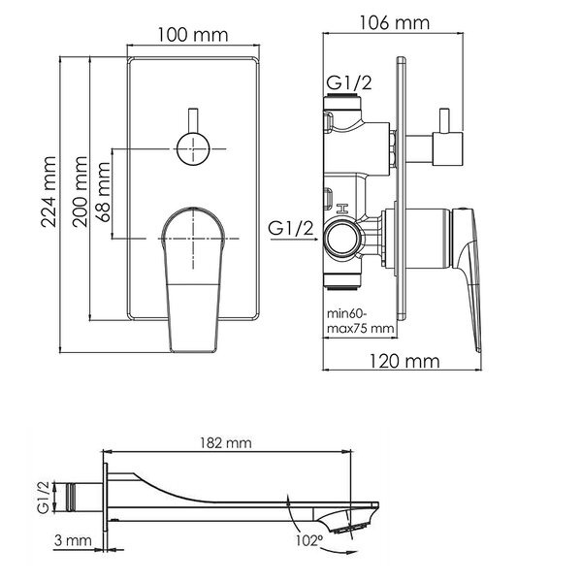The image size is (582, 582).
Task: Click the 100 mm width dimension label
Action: pyautogui.click(x=193, y=35)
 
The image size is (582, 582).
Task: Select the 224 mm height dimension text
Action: pyautogui.click(x=48, y=192)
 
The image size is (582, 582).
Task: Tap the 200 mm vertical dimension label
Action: pyautogui.click(x=81, y=192)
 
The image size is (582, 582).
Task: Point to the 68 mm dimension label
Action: pyautogui.click(x=105, y=192)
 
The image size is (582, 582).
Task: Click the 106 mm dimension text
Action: pyautogui.click(x=395, y=23)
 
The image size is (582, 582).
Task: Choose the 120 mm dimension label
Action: pyautogui.click(x=404, y=361)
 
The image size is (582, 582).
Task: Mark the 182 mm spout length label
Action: pyautogui.click(x=226, y=443)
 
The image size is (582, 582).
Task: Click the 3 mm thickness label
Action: pyautogui.click(x=73, y=540)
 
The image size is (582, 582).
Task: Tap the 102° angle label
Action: pyautogui.click(x=308, y=540)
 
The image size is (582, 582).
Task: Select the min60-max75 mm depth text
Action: pyautogui.click(x=360, y=321)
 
